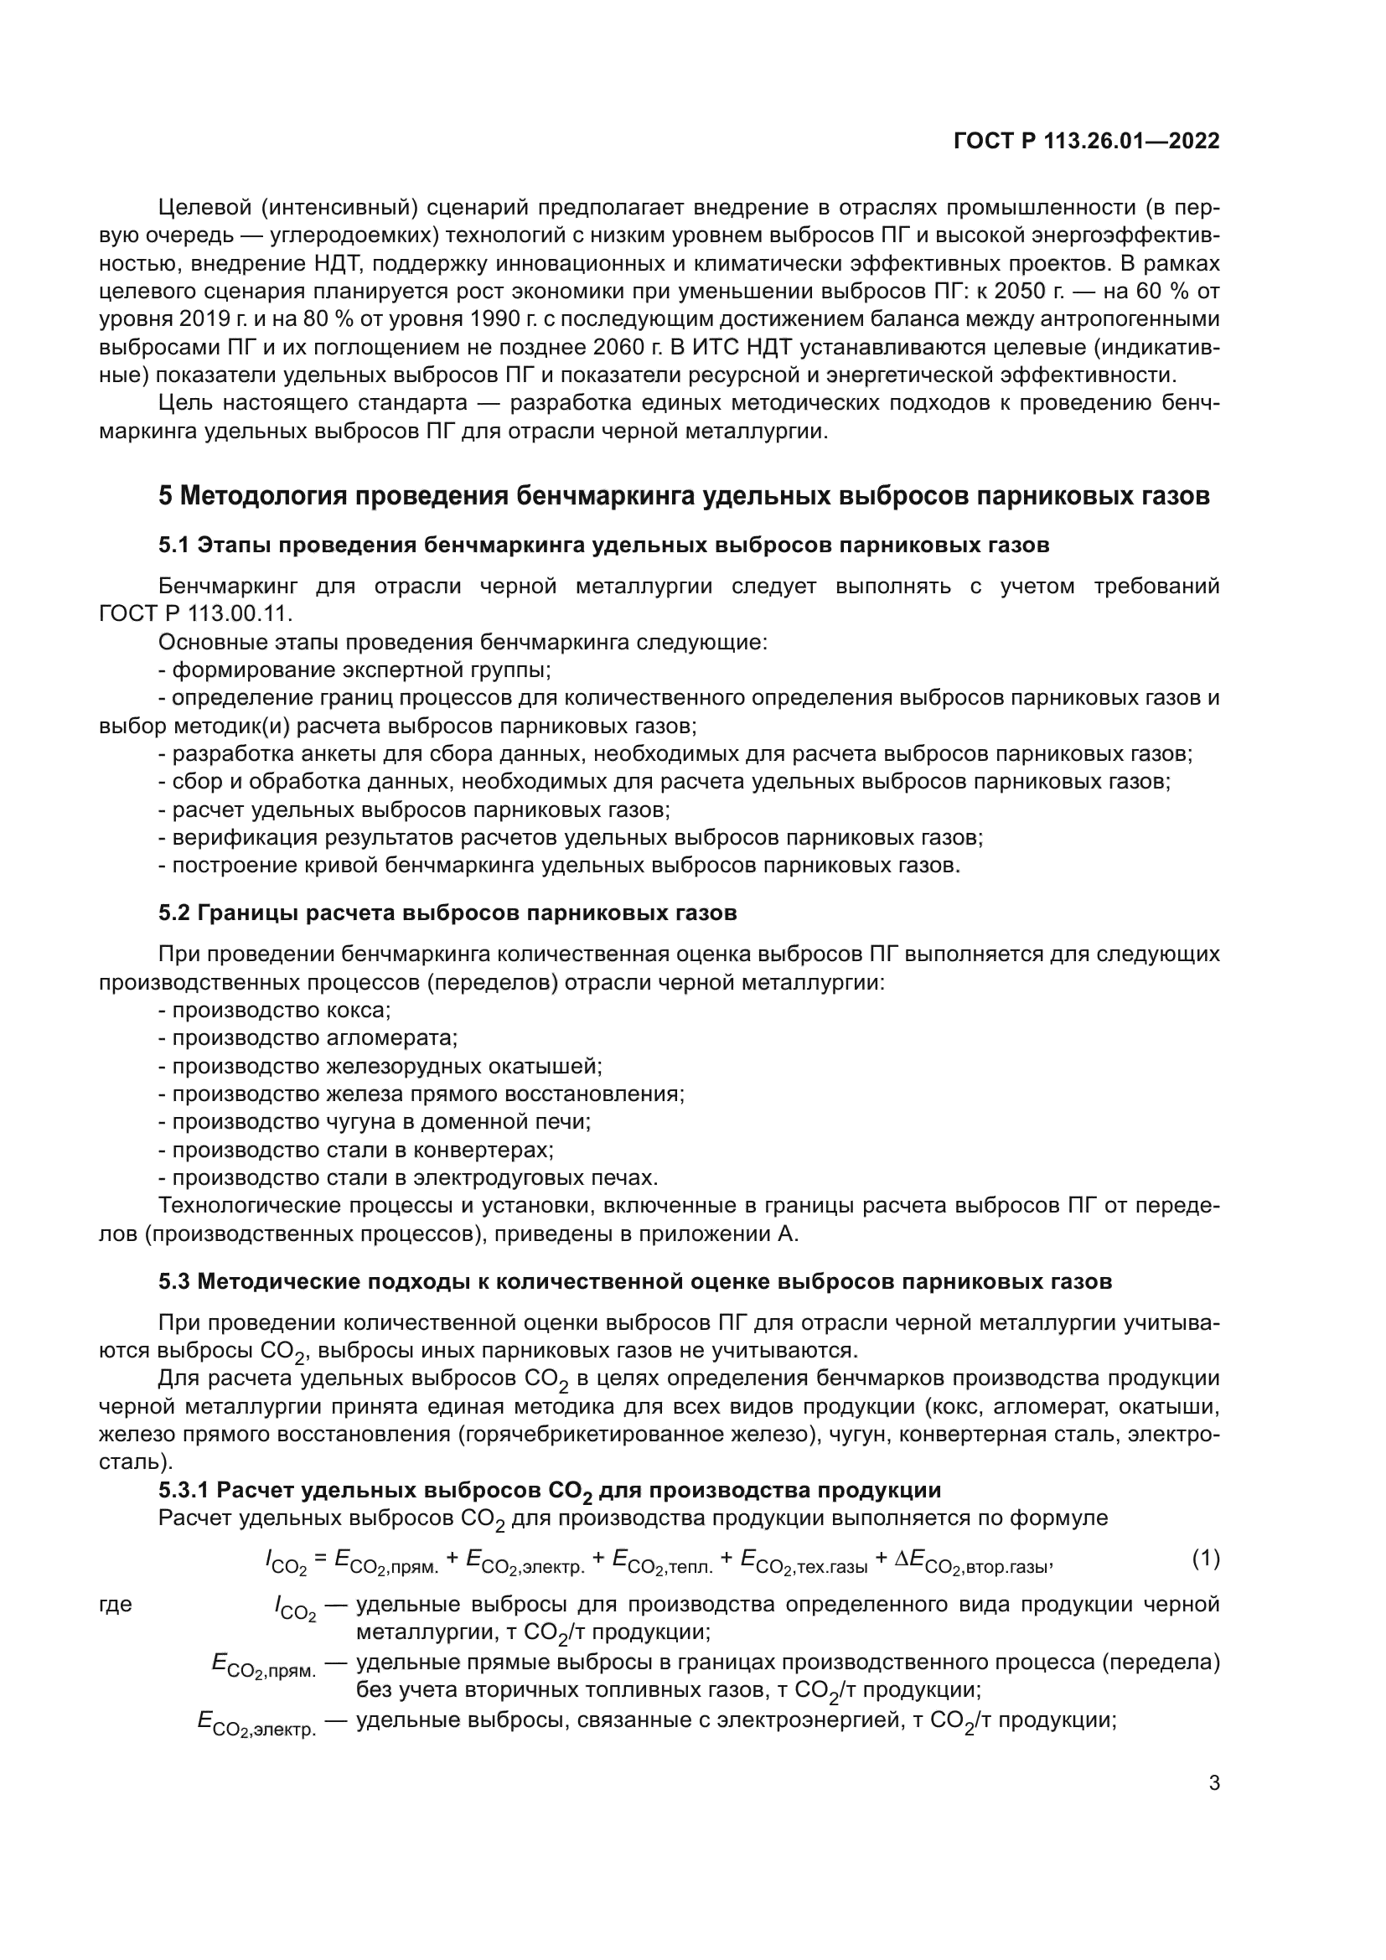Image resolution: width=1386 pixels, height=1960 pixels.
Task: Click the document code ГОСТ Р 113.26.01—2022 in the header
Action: (1085, 142)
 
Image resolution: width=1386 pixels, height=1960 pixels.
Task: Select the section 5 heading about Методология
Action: (684, 496)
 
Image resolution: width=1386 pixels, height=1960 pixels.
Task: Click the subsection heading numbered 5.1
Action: (603, 546)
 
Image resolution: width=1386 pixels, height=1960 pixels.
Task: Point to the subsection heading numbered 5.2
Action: (447, 913)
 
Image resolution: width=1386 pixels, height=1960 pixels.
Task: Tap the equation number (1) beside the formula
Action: (1205, 1558)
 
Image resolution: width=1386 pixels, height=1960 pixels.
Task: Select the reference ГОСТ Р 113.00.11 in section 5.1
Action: (195, 613)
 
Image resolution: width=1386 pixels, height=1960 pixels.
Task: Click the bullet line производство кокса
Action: (274, 1010)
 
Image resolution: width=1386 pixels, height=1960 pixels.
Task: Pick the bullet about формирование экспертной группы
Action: (354, 670)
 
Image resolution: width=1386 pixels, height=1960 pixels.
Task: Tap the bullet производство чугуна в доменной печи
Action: (375, 1122)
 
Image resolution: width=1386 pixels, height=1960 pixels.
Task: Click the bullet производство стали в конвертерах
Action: (356, 1150)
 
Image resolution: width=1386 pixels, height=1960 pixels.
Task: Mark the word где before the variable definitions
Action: (115, 1604)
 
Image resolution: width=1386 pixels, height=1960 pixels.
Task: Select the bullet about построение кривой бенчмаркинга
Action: (559, 866)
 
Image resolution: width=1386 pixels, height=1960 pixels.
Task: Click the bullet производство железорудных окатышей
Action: (380, 1066)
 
